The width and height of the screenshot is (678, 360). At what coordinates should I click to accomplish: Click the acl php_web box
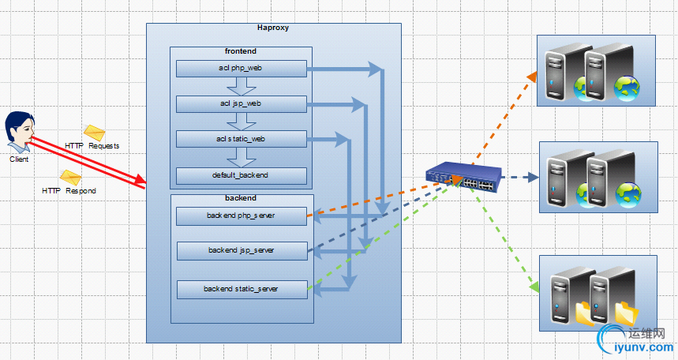[241, 69]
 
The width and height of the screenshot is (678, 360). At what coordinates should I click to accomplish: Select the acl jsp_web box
[241, 103]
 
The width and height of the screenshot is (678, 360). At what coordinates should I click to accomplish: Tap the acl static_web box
[241, 139]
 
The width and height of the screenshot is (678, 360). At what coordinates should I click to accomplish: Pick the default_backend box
[241, 174]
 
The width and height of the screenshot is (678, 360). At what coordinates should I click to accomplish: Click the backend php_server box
[241, 215]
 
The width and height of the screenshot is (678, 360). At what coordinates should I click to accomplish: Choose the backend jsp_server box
[241, 250]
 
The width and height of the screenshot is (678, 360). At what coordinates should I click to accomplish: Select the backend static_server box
[241, 289]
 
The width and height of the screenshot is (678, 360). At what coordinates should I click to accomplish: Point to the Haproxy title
[273, 28]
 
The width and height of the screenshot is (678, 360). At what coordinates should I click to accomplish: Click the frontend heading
[241, 51]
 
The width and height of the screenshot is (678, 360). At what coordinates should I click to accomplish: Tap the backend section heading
[241, 198]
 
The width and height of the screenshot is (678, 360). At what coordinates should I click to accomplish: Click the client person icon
[20, 132]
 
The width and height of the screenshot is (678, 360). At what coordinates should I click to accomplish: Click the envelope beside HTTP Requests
[95, 133]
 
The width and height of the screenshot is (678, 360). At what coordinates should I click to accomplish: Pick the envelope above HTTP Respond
[70, 178]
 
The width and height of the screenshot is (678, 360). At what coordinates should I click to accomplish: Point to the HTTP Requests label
[92, 146]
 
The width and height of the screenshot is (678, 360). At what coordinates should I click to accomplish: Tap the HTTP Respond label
[69, 191]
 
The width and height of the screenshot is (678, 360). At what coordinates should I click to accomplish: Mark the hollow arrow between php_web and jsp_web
[238, 86]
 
